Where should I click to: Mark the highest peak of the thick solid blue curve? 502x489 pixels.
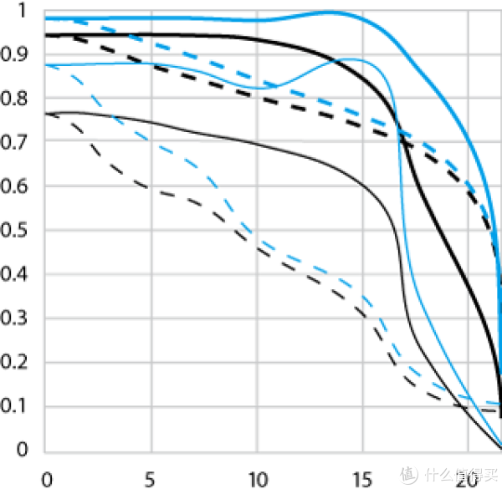(x=330, y=12)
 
